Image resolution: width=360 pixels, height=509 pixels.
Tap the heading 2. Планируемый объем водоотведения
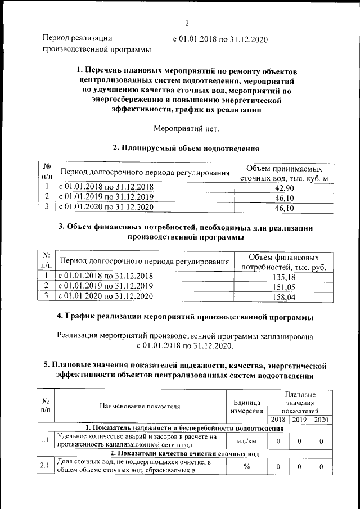point(186,148)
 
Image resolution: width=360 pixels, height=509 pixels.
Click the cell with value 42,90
point(284,188)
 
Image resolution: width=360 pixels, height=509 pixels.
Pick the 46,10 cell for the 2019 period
point(284,198)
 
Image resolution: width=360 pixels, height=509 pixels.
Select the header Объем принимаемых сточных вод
point(284,173)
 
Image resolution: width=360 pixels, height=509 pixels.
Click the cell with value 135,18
point(284,277)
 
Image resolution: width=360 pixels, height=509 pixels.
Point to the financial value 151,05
point(284,286)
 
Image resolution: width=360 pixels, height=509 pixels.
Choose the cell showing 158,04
point(284,296)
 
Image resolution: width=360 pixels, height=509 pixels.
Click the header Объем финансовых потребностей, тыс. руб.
point(284,262)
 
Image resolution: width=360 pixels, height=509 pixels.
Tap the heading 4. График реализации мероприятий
point(186,318)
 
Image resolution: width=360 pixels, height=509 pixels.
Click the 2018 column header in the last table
point(278,420)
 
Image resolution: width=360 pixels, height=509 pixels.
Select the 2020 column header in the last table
point(321,420)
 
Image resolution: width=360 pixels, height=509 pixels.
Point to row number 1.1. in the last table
point(45,441)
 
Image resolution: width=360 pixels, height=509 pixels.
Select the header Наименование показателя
point(140,406)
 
